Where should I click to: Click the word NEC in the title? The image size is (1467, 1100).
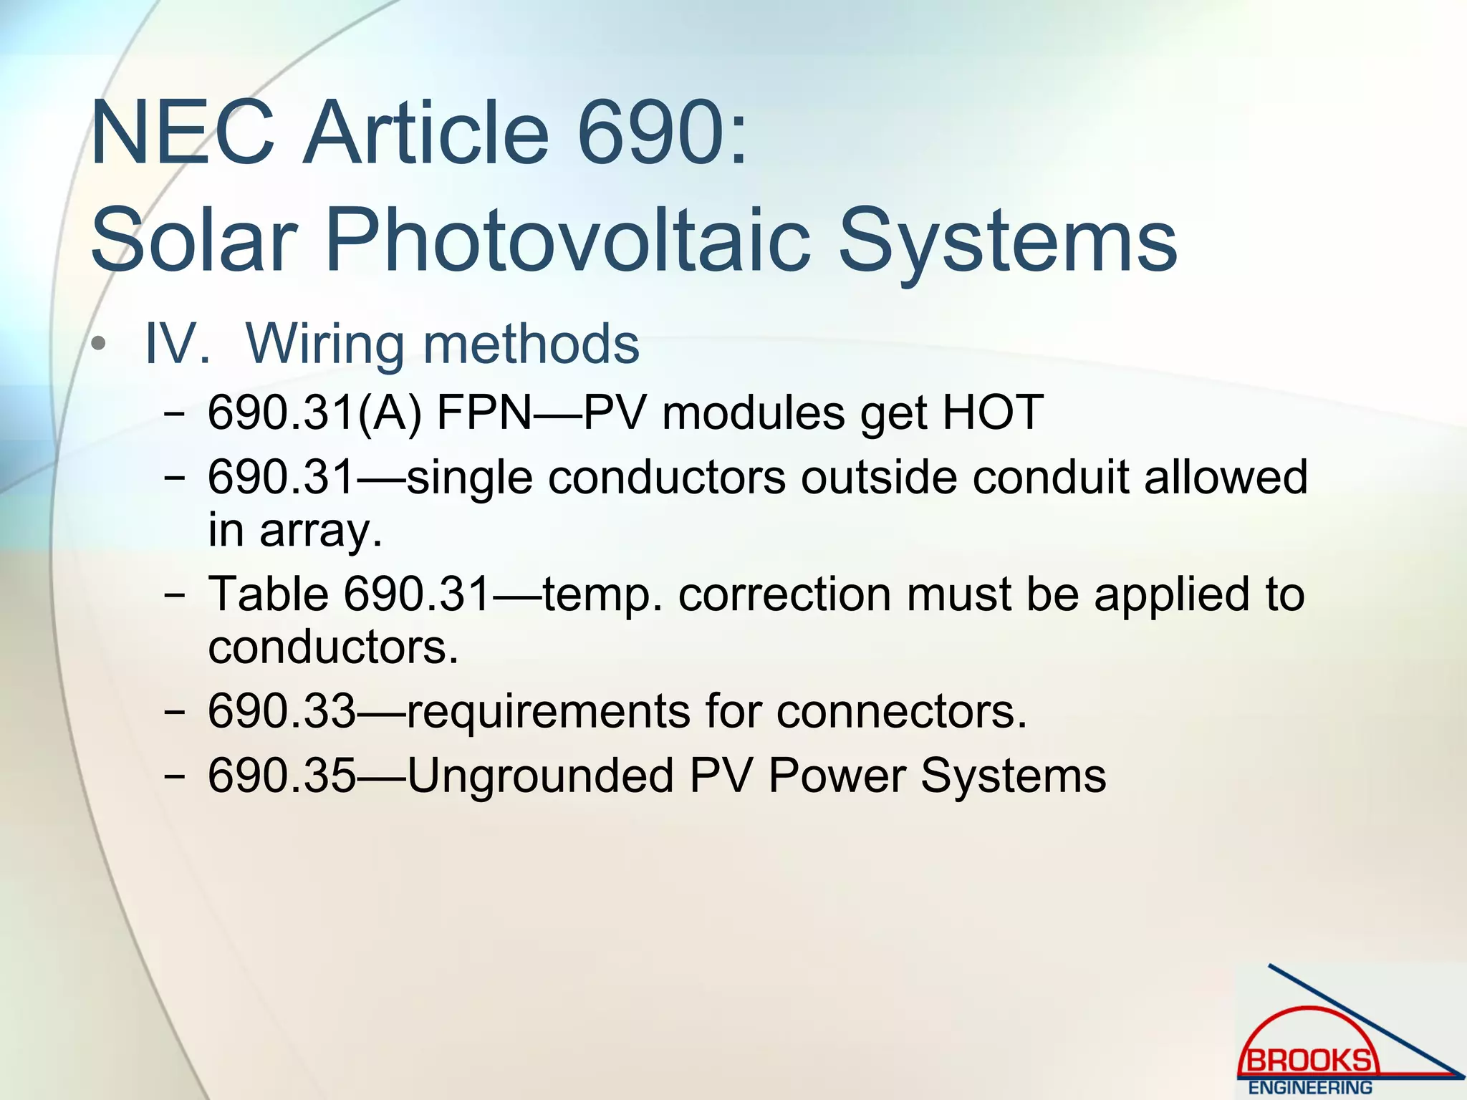pos(183,134)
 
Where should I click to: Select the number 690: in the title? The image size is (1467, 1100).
pos(663,134)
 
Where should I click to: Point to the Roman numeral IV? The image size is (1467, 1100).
pos(177,344)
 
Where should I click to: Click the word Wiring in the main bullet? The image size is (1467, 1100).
pos(326,344)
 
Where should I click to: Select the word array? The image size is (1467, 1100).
pos(320,531)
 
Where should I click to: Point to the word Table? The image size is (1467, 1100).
pos(268,594)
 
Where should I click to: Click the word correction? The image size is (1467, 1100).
pos(784,594)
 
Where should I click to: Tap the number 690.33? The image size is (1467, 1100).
pos(282,711)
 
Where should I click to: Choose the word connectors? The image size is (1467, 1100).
pos(901,711)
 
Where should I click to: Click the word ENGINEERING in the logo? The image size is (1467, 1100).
pos(1310,1087)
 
